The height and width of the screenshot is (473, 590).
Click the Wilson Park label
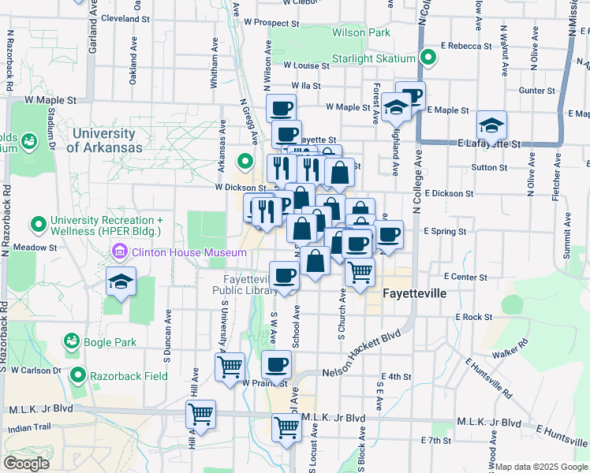361,33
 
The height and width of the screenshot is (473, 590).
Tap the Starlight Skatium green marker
428,57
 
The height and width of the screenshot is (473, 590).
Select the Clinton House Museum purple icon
120,252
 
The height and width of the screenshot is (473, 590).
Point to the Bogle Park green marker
72,342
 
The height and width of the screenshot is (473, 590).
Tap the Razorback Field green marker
77,375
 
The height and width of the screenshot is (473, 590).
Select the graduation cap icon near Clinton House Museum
121,281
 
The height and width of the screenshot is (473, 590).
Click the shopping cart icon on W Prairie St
230,366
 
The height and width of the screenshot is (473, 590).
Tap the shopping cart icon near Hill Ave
200,412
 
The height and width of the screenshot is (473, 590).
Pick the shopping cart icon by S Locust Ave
286,426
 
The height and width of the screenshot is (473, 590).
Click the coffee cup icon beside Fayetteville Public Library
284,276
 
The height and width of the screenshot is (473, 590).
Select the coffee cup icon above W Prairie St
276,365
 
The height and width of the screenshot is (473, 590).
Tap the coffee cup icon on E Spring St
387,234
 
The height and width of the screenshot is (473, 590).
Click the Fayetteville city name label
415,293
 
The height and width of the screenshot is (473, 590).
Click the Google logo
26,464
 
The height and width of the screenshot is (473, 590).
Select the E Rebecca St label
467,47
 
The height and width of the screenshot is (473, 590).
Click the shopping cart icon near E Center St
360,272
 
